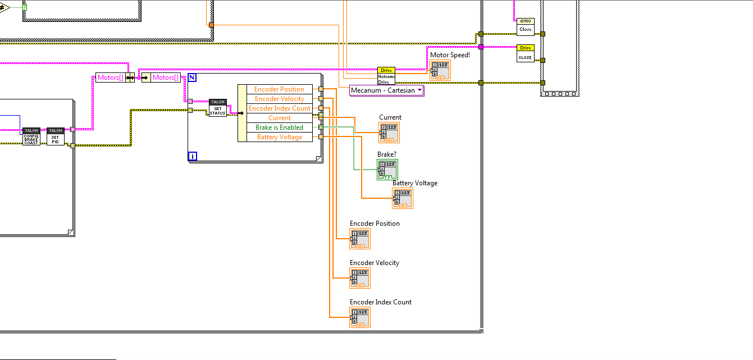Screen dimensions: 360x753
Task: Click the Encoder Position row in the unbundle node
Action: [279, 89]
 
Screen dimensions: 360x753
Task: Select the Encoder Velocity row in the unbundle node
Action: [279, 99]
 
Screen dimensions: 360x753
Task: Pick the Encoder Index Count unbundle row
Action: [279, 108]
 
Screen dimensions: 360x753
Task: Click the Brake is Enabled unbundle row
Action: [279, 127]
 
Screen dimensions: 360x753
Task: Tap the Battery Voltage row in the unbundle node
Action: [279, 137]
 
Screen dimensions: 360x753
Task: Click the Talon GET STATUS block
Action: [217, 108]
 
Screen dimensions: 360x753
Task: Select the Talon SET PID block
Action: [55, 136]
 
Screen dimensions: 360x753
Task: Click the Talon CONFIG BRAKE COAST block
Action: [31, 136]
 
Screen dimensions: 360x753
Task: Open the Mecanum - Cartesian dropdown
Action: [387, 90]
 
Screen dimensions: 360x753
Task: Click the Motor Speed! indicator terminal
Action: [440, 70]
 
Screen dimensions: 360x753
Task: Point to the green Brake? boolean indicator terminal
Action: [387, 169]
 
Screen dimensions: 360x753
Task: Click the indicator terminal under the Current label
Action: [389, 133]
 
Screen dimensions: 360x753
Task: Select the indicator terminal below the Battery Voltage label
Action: [403, 198]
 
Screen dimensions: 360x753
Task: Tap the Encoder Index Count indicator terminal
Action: [360, 317]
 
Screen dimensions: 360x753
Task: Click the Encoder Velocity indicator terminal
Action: [360, 278]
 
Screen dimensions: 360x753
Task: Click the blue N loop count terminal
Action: [192, 78]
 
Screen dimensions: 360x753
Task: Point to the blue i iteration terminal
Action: [193, 156]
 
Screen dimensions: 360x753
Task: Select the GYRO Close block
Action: [526, 26]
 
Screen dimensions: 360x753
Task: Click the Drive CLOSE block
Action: [526, 53]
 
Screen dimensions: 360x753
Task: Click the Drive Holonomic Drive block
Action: [386, 76]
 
